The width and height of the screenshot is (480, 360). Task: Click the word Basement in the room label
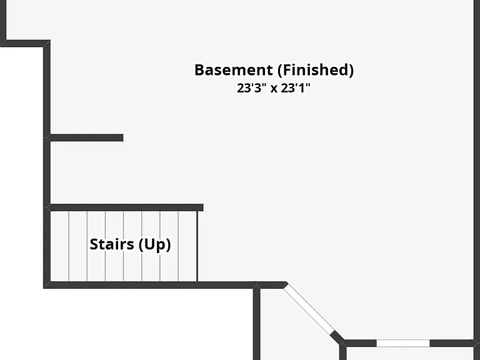(234, 70)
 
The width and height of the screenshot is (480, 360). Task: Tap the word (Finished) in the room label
(316, 70)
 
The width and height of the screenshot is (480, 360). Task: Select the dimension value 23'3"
(251, 88)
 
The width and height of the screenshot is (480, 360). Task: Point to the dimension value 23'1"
(296, 88)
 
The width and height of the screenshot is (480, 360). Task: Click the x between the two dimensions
(274, 89)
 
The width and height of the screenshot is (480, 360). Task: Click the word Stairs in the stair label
(112, 244)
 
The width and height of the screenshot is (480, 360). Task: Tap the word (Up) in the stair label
(154, 244)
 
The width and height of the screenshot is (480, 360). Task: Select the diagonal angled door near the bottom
(309, 309)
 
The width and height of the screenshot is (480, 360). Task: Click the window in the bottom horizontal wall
(403, 343)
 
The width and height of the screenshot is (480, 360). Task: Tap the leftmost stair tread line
(69, 246)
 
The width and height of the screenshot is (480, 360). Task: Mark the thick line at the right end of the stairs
(197, 246)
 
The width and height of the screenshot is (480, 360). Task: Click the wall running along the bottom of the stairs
(165, 285)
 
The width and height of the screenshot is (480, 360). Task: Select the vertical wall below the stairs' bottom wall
(257, 323)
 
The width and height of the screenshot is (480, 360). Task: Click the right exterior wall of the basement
(477, 170)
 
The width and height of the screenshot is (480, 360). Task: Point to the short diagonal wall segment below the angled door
(337, 337)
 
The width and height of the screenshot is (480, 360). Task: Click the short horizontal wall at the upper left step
(25, 44)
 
